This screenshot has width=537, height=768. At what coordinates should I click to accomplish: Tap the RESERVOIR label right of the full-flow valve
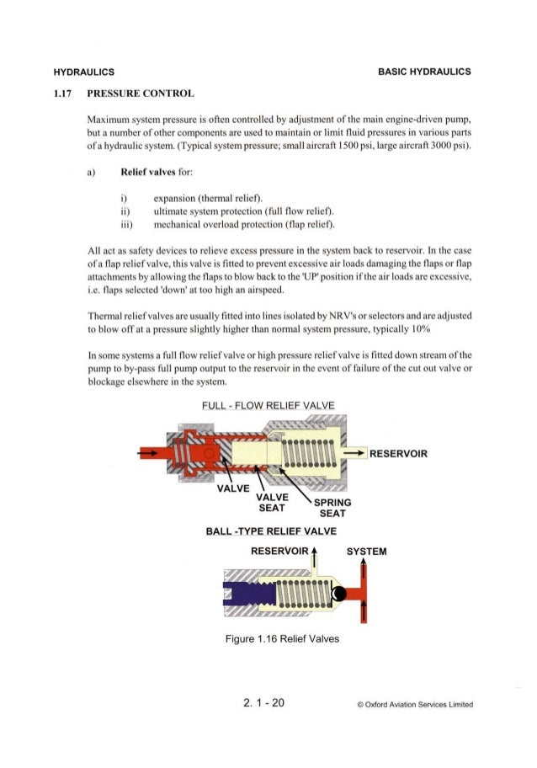(399, 454)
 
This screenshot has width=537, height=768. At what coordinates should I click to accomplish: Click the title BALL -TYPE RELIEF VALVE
(271, 531)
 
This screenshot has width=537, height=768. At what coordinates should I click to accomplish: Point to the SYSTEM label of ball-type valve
(366, 552)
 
